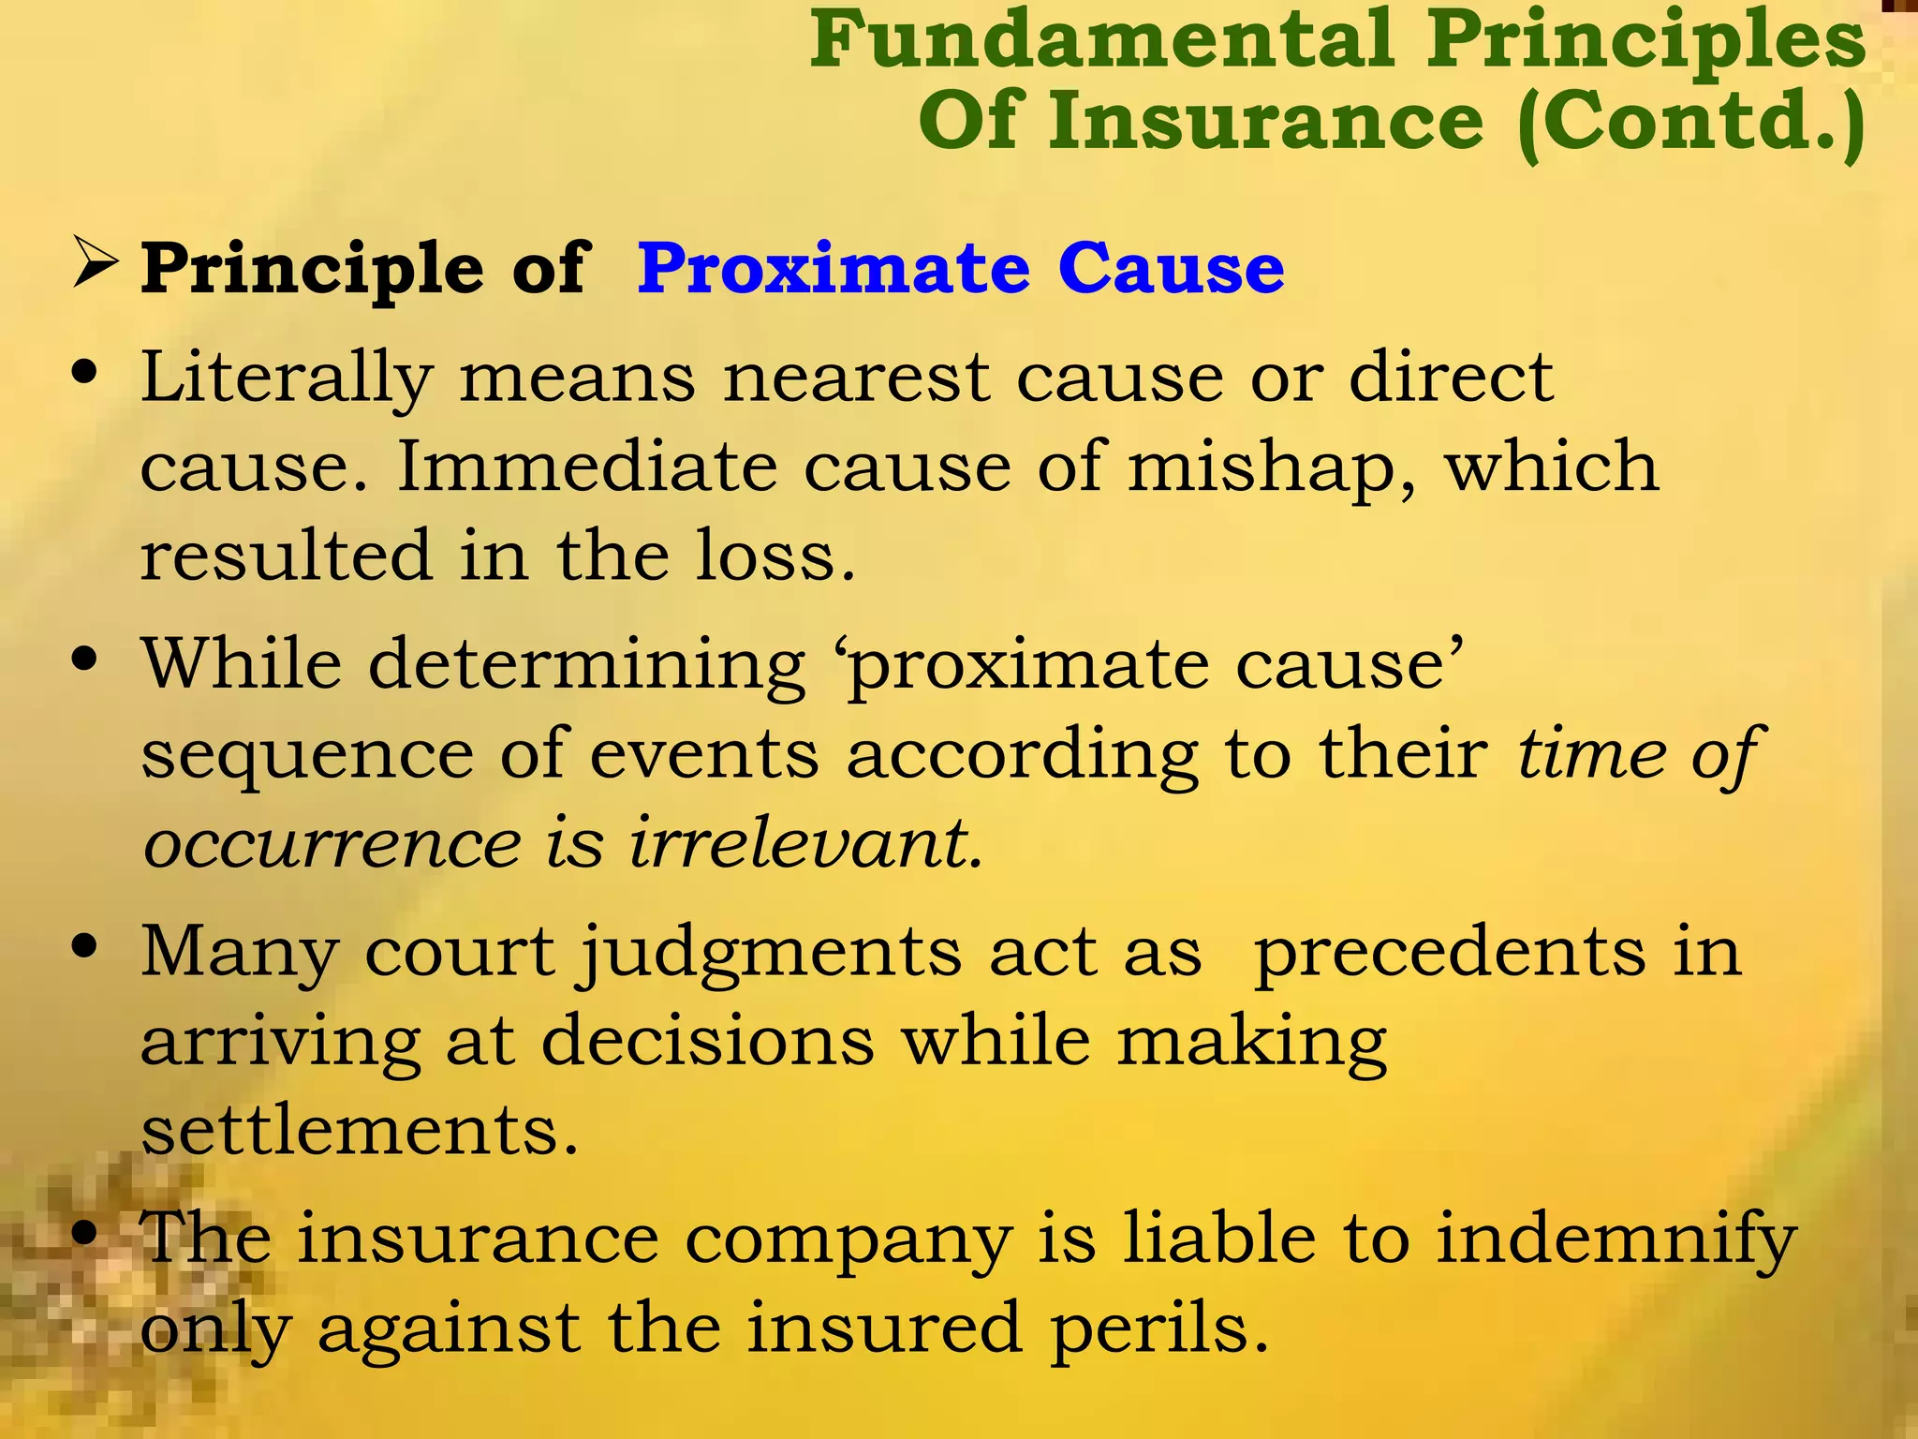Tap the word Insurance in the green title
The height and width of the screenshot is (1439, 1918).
[1265, 122]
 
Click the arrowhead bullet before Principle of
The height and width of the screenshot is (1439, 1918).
[95, 264]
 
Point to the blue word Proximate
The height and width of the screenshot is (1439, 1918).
[834, 269]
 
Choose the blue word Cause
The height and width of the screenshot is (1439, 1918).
[1171, 269]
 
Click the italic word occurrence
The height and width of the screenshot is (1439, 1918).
[332, 844]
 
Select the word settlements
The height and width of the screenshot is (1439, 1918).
[360, 1130]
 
